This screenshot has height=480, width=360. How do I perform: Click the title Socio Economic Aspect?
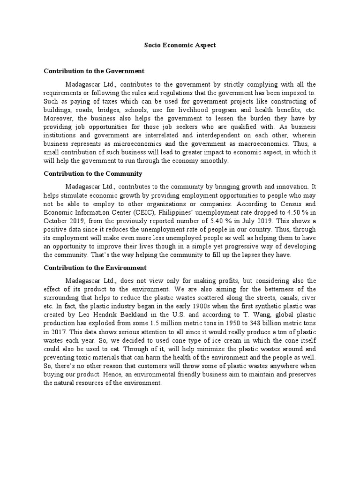180,45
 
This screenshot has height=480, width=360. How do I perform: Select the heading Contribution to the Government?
94,71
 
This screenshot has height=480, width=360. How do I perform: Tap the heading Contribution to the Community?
93,173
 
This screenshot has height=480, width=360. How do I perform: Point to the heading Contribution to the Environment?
95,268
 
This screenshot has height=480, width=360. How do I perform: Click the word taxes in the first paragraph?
107,102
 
